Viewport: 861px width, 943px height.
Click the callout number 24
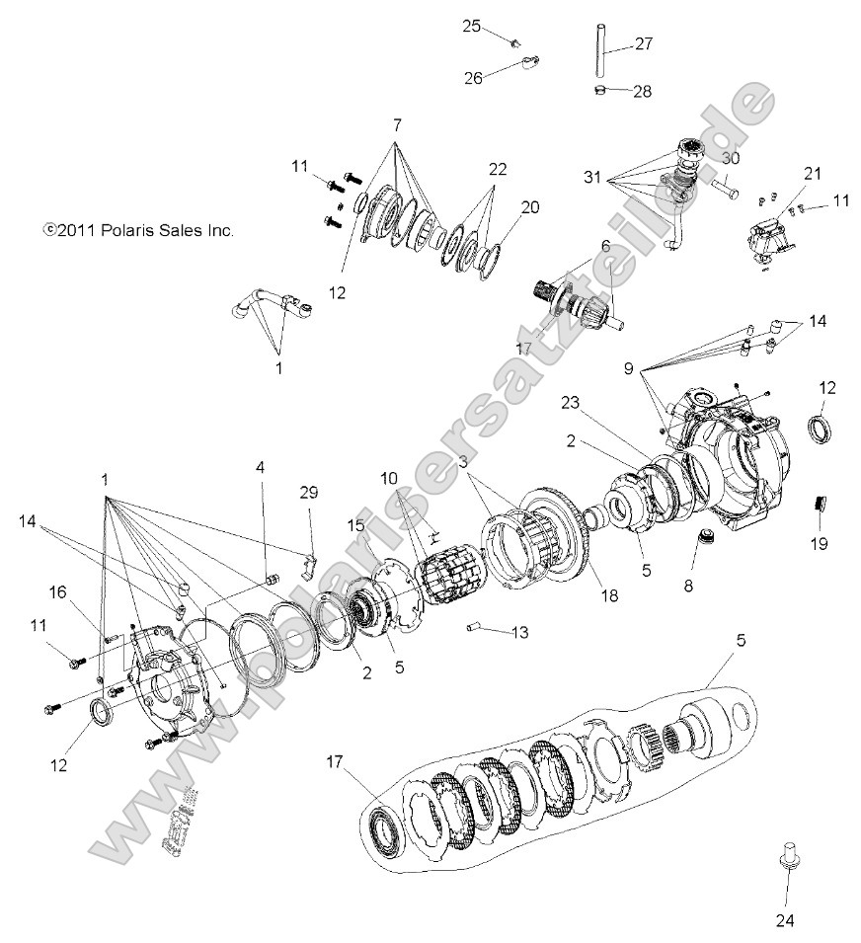pos(786,920)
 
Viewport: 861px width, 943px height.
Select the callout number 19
pos(819,543)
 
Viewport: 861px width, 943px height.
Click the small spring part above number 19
pos(819,504)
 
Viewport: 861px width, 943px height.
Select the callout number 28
pos(642,92)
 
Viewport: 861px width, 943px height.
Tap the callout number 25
pos(471,27)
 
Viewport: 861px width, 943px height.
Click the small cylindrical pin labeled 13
pos(472,626)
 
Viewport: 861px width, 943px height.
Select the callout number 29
pos(310,492)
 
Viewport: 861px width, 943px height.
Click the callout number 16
pos(58,591)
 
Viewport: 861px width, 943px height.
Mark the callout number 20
pos(530,207)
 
